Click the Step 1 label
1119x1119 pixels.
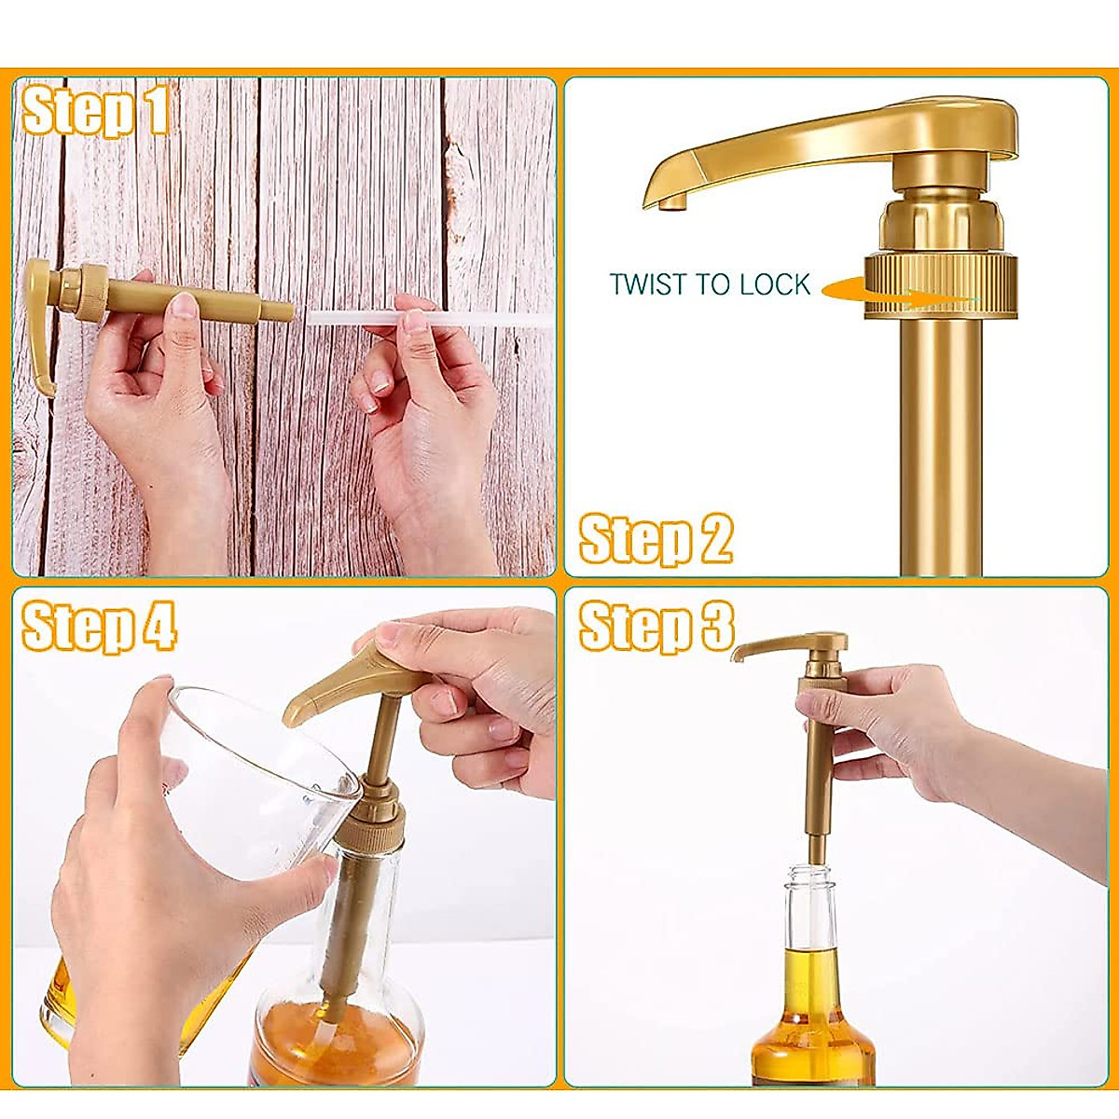(x=96, y=112)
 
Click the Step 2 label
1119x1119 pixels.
(x=656, y=539)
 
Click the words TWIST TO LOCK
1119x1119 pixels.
(x=710, y=284)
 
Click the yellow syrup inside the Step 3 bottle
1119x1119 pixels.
(x=811, y=1026)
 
